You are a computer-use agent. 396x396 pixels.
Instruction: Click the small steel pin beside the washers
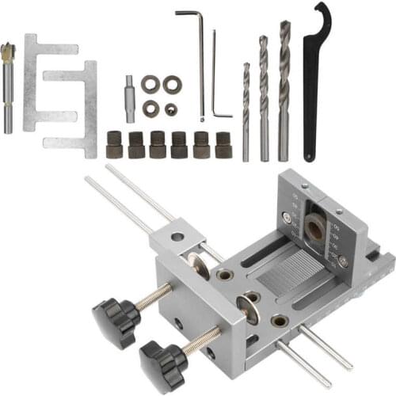pos(129,98)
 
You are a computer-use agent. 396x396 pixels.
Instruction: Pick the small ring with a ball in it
pos(171,107)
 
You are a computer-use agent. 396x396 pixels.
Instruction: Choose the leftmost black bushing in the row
pos(114,145)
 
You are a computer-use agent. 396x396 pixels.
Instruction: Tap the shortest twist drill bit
pos(246,111)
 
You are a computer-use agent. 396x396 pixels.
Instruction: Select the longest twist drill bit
pos(284,87)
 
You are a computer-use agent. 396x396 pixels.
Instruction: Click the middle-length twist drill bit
pos(265,95)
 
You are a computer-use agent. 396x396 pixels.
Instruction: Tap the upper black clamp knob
pos(116,317)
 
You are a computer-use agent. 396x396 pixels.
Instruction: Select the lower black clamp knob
pos(162,361)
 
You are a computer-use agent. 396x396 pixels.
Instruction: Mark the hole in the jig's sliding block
pos(177,236)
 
